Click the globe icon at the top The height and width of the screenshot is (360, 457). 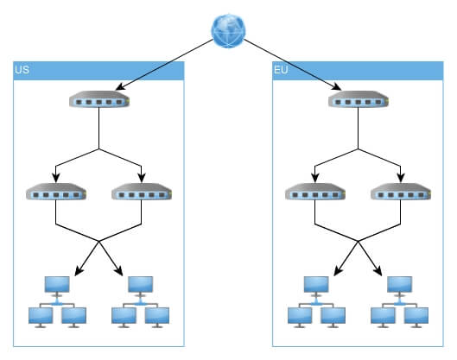[x=228, y=30]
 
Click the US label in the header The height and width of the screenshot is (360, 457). [x=22, y=70]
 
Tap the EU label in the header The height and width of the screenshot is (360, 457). [x=281, y=70]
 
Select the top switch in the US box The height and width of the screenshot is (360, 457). [x=99, y=99]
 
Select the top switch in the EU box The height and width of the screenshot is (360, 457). [x=359, y=99]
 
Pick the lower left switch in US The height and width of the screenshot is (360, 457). [x=56, y=192]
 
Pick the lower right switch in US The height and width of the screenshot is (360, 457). [x=142, y=192]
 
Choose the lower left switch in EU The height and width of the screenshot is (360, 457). [x=315, y=192]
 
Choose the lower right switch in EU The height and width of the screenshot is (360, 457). [x=401, y=192]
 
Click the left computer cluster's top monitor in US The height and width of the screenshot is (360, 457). [x=57, y=286]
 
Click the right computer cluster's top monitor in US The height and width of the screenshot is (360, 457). [x=141, y=286]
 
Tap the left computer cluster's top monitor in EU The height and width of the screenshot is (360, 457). [x=316, y=286]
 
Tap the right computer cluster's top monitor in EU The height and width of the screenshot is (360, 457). [x=400, y=286]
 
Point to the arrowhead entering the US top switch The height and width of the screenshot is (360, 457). [x=120, y=87]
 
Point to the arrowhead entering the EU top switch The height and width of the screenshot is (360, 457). [x=337, y=87]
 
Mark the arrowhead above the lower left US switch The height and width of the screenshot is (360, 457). [x=56, y=178]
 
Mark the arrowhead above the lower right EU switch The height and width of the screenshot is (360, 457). [x=401, y=178]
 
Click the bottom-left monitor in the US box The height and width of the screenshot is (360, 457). [x=41, y=317]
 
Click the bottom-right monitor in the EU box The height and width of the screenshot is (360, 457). [x=416, y=317]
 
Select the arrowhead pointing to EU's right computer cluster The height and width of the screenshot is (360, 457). [x=378, y=271]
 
